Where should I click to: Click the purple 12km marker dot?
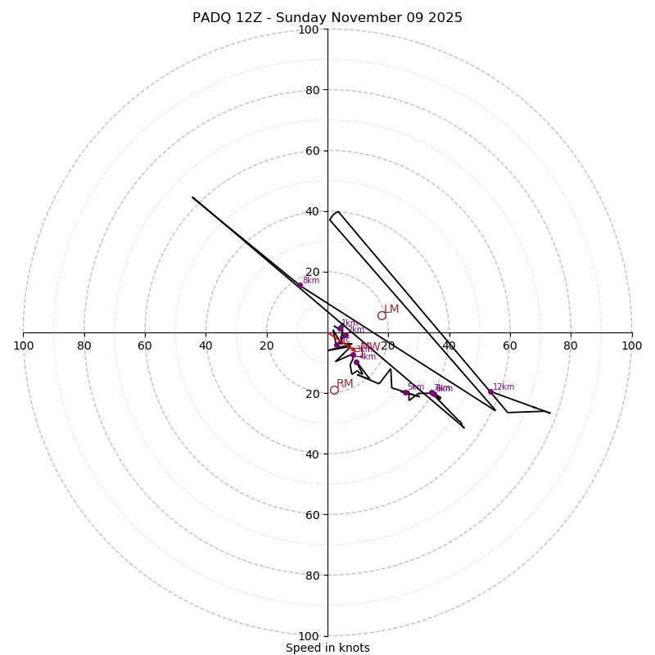coord(490,391)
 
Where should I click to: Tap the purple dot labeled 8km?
coord(300,286)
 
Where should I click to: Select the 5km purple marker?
coord(405,392)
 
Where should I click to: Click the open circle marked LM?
coord(382,315)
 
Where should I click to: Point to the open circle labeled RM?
coord(334,390)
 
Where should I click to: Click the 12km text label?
coord(504,387)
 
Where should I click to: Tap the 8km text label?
coord(311,281)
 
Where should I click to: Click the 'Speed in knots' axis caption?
coord(327,648)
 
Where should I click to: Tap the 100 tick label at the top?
coord(309,29)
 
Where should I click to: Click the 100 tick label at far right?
coord(631,346)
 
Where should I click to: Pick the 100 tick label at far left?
coord(24,346)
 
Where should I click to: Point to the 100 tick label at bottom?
coord(309,636)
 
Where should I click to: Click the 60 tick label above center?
coord(312,151)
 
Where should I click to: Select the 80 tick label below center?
coord(312,576)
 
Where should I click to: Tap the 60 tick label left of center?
coord(145,346)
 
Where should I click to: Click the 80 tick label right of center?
coord(571,346)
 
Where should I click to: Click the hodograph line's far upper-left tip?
coord(193,197)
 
